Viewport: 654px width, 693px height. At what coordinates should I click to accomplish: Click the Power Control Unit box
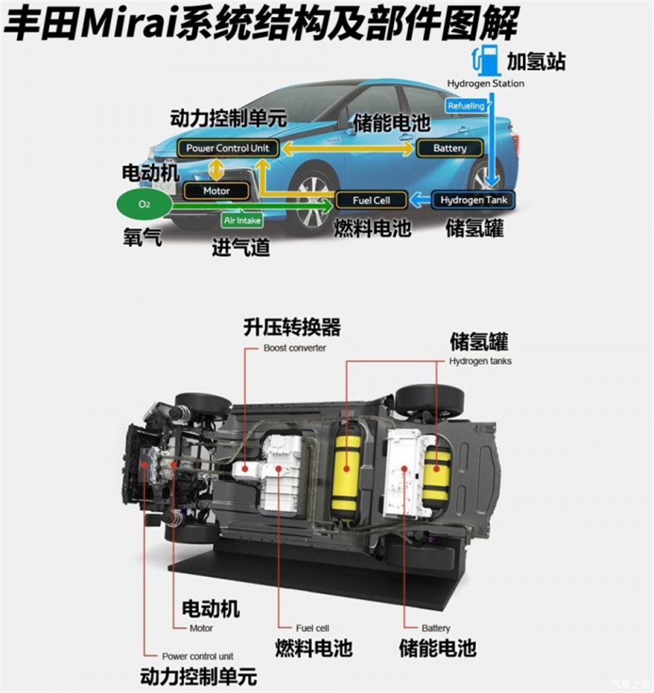pos(228,148)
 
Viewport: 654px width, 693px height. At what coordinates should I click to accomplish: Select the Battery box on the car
pos(450,148)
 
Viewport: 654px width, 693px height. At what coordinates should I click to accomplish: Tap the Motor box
pos(216,191)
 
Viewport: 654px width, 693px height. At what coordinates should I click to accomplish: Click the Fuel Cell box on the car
pos(371,200)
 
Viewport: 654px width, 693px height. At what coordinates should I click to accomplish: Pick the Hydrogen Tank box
pos(473,200)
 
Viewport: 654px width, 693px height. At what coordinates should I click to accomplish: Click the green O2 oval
pos(144,204)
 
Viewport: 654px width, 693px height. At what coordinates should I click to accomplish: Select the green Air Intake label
pos(242,220)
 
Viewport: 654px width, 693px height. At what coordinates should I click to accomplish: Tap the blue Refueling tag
pos(465,106)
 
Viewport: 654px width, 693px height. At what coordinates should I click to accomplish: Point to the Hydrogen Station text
pos(486,84)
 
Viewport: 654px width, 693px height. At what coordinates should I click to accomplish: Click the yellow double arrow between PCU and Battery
pos(348,148)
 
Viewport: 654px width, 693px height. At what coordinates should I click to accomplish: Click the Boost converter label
pos(294,349)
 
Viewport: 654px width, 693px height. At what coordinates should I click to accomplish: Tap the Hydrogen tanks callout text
pos(480,361)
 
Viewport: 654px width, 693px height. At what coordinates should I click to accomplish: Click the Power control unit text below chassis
pos(198,656)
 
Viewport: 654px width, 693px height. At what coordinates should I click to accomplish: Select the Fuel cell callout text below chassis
pos(313,628)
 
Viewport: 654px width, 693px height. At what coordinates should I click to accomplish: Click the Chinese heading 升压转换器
pos(292,327)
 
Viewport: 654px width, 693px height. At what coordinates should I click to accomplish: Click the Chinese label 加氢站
pos(536,61)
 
